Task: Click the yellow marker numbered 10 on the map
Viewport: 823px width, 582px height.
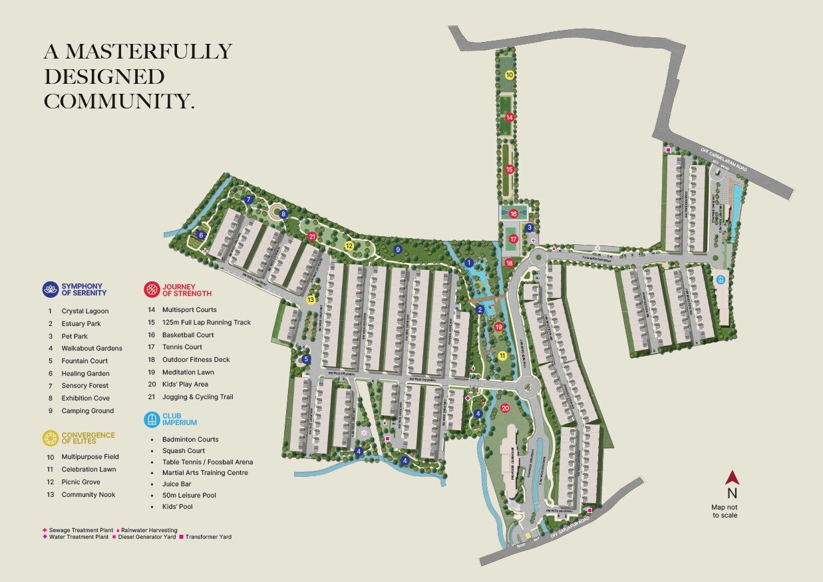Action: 510,75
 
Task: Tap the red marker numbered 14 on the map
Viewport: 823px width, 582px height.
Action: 510,117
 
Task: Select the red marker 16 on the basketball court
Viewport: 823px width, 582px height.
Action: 514,214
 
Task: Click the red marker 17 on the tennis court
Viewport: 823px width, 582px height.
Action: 513,239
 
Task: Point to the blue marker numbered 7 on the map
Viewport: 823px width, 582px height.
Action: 249,200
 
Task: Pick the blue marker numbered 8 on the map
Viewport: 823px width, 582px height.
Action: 283,214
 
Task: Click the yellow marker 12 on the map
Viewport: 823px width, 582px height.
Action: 349,245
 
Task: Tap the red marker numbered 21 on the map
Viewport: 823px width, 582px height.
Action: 311,236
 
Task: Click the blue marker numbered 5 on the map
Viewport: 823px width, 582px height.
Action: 307,359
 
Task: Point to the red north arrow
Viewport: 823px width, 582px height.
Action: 732,478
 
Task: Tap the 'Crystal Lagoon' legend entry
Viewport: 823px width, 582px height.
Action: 85,311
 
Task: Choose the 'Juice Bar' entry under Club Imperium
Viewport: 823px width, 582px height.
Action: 177,484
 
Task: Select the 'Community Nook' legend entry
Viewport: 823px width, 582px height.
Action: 88,495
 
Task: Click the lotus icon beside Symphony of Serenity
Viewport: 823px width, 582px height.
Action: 50,289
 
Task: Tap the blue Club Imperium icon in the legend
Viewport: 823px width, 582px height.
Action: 152,418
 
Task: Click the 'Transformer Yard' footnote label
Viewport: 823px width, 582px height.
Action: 208,537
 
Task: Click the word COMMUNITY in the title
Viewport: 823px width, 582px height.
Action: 116,101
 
